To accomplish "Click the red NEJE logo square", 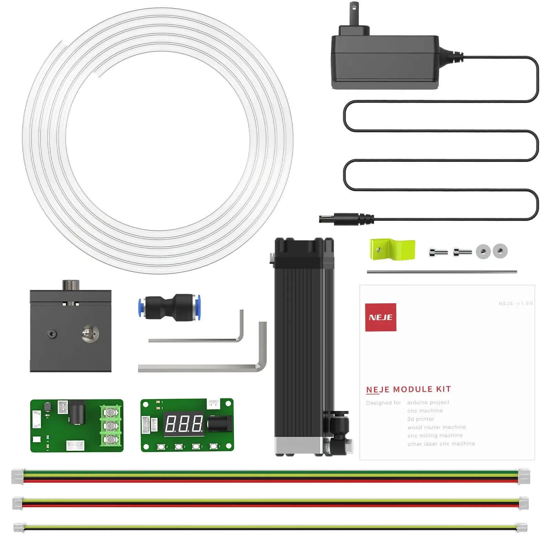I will pyautogui.click(x=381, y=317).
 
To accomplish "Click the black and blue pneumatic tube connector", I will pyautogui.click(x=169, y=307).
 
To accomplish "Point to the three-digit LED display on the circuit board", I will pyautogui.click(x=184, y=424).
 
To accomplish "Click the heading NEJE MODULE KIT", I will pyautogui.click(x=408, y=389).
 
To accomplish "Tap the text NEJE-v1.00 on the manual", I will pyautogui.click(x=516, y=303).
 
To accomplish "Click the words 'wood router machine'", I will pyautogui.click(x=436, y=427).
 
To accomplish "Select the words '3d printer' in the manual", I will pyautogui.click(x=420, y=419).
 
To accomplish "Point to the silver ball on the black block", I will pyautogui.click(x=90, y=333).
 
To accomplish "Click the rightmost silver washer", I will pyautogui.click(x=500, y=251).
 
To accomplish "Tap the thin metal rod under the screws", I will pyautogui.click(x=441, y=272).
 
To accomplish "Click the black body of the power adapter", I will pyautogui.click(x=384, y=62).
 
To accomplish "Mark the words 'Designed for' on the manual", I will pyautogui.click(x=383, y=403).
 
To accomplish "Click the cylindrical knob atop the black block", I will pyautogui.click(x=71, y=285).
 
